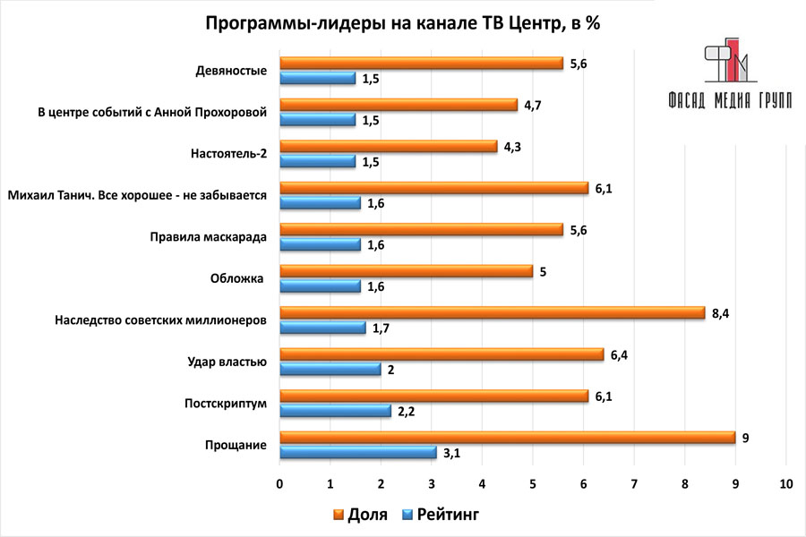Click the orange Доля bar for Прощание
click(507, 438)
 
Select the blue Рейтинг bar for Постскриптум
click(336, 411)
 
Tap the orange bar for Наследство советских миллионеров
click(493, 313)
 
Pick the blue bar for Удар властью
click(330, 369)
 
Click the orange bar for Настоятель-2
click(389, 146)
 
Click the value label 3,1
click(453, 454)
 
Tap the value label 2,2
click(407, 412)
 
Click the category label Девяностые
click(231, 71)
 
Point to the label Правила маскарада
click(207, 237)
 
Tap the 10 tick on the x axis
click(785, 484)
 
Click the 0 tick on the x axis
click(280, 484)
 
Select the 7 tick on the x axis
click(634, 484)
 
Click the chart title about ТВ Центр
click(403, 23)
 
